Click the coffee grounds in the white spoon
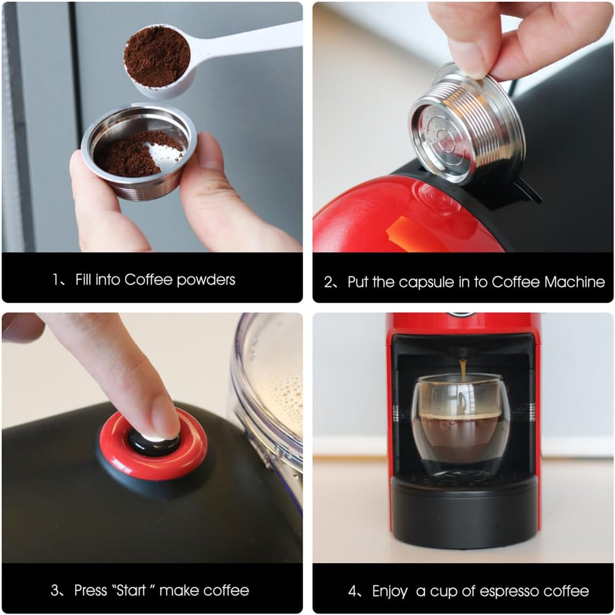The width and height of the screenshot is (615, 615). click(x=157, y=55)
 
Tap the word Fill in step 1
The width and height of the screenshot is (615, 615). click(x=83, y=279)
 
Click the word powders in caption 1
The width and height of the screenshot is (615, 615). click(x=206, y=280)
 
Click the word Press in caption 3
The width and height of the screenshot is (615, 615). click(x=91, y=590)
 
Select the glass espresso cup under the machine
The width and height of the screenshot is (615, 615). click(x=462, y=426)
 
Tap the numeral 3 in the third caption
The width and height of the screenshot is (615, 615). click(x=54, y=590)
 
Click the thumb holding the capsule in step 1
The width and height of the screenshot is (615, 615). click(x=96, y=203)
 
